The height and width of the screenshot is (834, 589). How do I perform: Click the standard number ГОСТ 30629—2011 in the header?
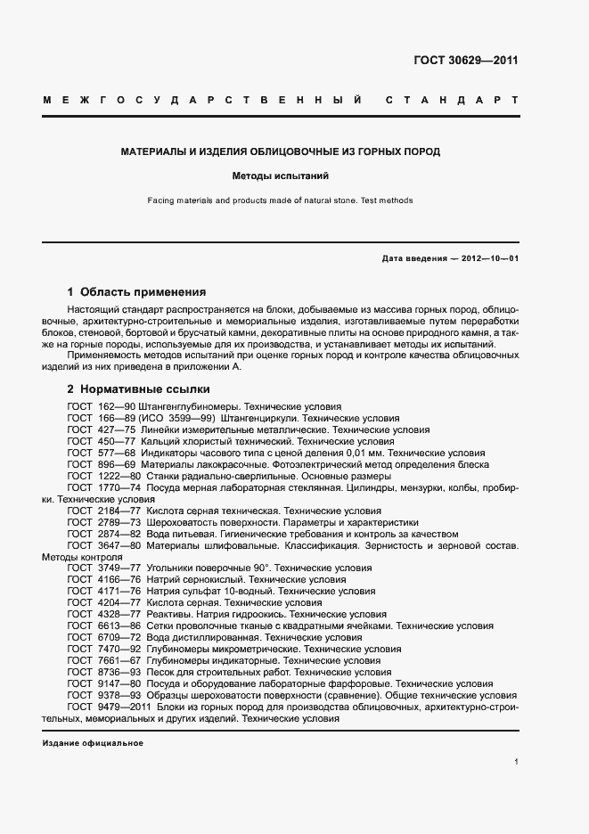click(466, 61)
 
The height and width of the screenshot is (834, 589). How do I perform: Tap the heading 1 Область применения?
click(136, 291)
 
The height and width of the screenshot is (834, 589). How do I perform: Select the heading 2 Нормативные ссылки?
click(138, 389)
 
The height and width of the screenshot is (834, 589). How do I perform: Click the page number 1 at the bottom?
click(516, 762)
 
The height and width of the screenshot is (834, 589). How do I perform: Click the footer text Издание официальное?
click(92, 742)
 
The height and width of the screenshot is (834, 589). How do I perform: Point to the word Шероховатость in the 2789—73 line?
click(176, 522)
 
